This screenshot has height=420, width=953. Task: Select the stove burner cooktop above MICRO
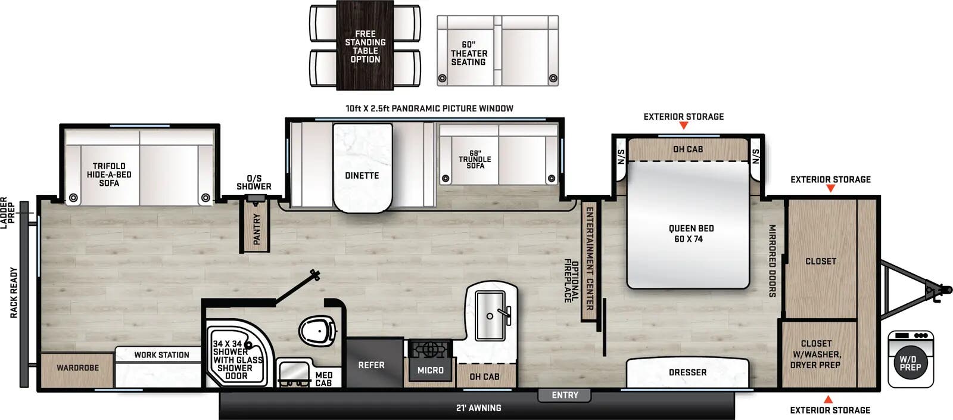[x=429, y=349]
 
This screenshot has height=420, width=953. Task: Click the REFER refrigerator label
[x=371, y=365]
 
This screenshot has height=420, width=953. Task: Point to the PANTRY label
[x=257, y=229]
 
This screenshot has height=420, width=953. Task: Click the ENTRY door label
[x=565, y=395]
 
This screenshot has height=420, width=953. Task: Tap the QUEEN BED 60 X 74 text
[x=690, y=234]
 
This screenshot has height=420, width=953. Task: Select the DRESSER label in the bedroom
[x=687, y=372]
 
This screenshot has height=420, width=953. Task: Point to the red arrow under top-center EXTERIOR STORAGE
[x=684, y=126]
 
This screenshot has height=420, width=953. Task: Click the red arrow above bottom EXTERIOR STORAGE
[x=828, y=399]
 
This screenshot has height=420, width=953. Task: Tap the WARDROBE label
[x=77, y=368]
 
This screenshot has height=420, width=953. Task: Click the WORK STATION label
[x=161, y=355]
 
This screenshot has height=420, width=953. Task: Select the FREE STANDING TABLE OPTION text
[x=365, y=46]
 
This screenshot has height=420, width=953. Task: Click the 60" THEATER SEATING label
[x=469, y=54]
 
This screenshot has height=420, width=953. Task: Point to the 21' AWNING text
[x=478, y=408]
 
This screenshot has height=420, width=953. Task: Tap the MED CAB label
[x=323, y=379]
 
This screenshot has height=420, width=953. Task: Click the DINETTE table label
[x=362, y=176]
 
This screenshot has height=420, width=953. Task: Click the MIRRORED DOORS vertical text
[x=772, y=261]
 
